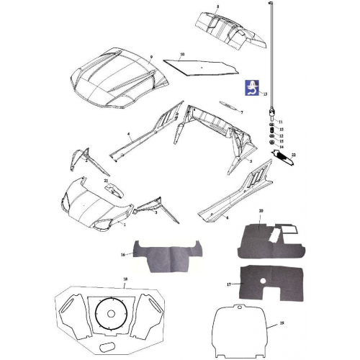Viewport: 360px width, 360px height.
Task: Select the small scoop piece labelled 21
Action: (x=112, y=190)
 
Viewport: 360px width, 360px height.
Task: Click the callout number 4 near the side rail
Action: (x=128, y=135)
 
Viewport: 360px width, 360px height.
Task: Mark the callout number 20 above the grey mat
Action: (x=261, y=210)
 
